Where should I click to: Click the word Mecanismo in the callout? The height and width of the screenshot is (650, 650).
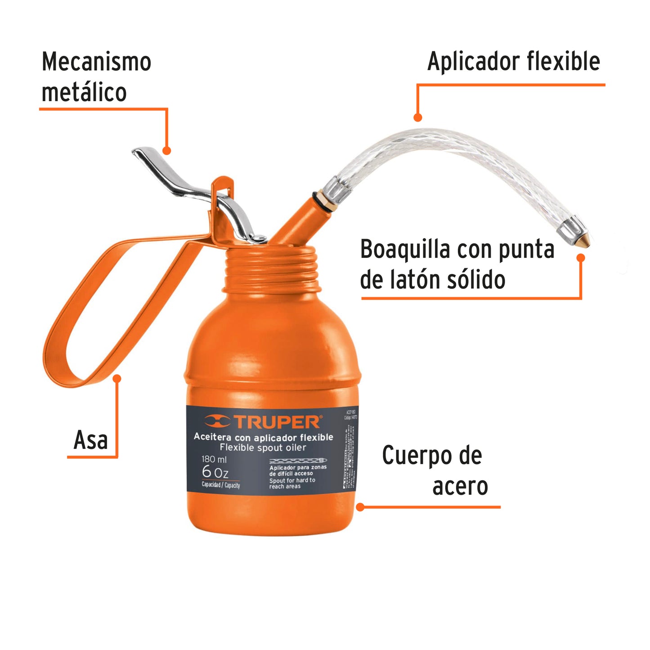96,62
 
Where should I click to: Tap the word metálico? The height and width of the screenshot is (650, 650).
84,92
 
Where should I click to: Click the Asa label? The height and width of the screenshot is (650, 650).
91,440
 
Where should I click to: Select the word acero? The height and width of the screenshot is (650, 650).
460,486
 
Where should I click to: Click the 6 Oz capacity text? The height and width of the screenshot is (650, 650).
215,472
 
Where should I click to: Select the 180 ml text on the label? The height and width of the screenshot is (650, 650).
214,459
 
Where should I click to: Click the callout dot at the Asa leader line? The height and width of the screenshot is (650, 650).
117,378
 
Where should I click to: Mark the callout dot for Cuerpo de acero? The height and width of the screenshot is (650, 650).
360,507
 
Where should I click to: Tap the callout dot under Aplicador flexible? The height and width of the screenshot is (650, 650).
418,118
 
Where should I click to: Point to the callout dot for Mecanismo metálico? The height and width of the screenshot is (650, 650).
167,151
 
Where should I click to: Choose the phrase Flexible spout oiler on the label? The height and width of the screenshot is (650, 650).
263,448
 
